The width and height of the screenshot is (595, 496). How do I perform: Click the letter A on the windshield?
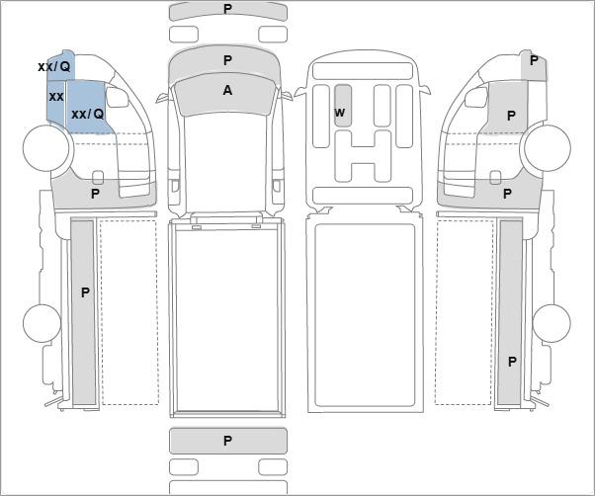[227, 90]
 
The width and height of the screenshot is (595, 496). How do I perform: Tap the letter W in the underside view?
[340, 113]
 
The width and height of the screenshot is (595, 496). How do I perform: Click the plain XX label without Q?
[56, 97]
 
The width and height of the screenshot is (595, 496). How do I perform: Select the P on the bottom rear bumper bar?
[227, 441]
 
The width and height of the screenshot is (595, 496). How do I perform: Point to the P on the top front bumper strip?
[227, 9]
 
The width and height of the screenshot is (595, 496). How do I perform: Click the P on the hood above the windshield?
[227, 60]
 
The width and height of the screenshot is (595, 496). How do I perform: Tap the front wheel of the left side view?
[46, 147]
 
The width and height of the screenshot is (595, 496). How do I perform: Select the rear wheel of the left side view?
[42, 323]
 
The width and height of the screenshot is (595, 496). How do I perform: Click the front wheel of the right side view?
[548, 147]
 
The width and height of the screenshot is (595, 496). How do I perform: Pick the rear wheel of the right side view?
[552, 323]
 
